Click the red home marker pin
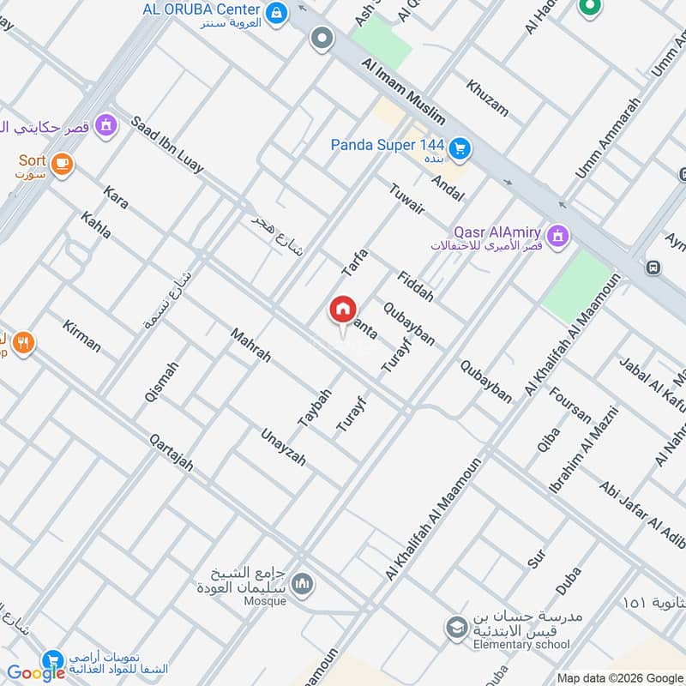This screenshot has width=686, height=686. pyautogui.click(x=342, y=310)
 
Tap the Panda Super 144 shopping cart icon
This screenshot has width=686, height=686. pyautogui.click(x=460, y=148)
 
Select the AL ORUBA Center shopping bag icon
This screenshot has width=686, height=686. pyautogui.click(x=277, y=12)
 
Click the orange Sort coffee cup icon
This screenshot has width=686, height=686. pyautogui.click(x=61, y=164)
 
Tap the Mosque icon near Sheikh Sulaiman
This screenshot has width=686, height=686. pyautogui.click(x=302, y=586)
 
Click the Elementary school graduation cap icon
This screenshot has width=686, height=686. pyautogui.click(x=456, y=629)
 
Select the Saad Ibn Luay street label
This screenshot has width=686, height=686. pyautogui.click(x=167, y=143)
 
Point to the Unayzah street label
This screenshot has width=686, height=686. pyautogui.click(x=284, y=446)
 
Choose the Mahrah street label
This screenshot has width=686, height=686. pyautogui.click(x=250, y=343)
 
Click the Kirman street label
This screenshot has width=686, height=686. pyautogui.click(x=81, y=335)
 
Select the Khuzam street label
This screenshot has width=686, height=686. pyautogui.click(x=487, y=98)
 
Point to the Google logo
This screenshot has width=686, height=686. pyautogui.click(x=36, y=673)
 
